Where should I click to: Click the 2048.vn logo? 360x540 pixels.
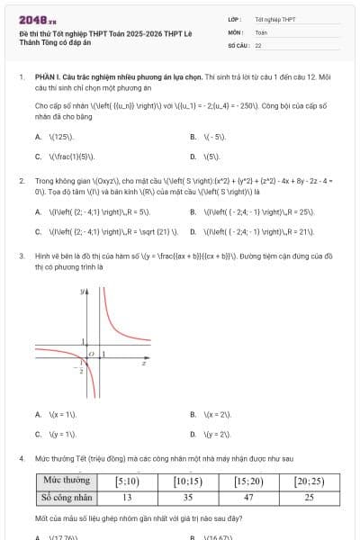tap(37, 19)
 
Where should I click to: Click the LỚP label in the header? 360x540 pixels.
tap(234, 19)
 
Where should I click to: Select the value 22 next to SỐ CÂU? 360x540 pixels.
tap(258, 44)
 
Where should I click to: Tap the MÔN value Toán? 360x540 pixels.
tap(261, 31)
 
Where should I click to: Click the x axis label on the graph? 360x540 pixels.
tap(144, 364)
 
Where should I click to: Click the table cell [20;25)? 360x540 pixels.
tap(310, 481)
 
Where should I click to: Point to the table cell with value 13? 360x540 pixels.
tap(127, 496)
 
